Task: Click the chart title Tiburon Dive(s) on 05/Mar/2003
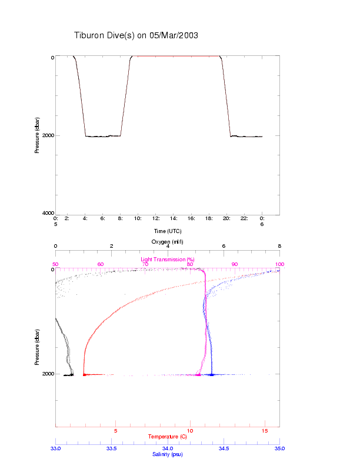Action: pos(136,35)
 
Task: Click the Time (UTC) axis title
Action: pos(168,231)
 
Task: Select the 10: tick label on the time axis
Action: pos(138,218)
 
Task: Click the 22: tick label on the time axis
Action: pos(244,218)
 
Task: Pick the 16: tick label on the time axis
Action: pos(191,218)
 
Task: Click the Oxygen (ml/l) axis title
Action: pos(168,242)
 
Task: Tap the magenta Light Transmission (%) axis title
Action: pos(168,260)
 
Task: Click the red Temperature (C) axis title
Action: pos(168,437)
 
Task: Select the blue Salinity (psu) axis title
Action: pos(168,454)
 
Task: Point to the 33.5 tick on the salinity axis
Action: pos(111,448)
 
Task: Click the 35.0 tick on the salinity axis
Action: pos(279,448)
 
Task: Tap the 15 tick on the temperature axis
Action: pos(265,431)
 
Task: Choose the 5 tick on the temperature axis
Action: pos(115,431)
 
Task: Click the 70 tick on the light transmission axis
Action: pos(145,264)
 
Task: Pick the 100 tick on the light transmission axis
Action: pos(279,264)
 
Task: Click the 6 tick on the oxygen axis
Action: pos(224,247)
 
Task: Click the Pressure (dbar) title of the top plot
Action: pos(36,135)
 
